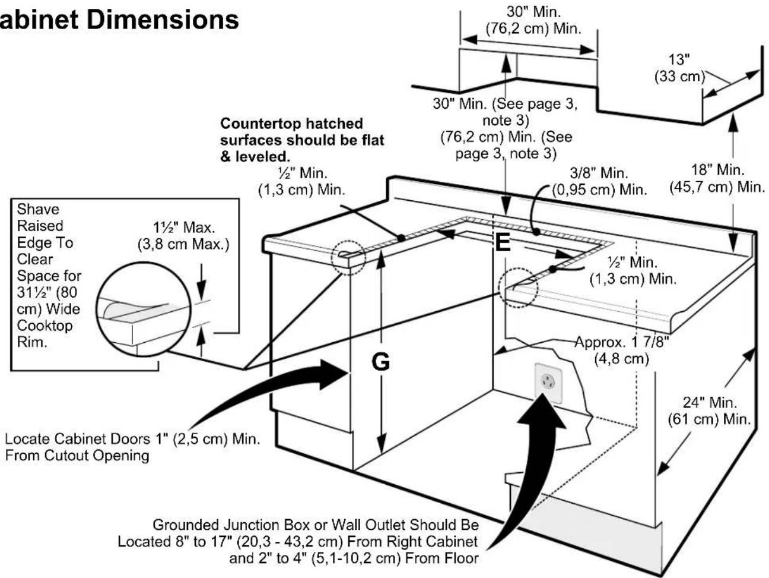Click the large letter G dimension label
pyautogui.click(x=380, y=361)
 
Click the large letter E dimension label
pyautogui.click(x=502, y=242)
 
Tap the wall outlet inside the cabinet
pyautogui.click(x=548, y=384)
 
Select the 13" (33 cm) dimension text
pyautogui.click(x=679, y=68)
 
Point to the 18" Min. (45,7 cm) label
pyautogui.click(x=717, y=178)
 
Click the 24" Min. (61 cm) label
pyautogui.click(x=710, y=410)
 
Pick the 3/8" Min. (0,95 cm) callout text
pyautogui.click(x=599, y=182)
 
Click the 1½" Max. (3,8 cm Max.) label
pyautogui.click(x=183, y=236)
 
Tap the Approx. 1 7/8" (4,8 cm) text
pyautogui.click(x=622, y=350)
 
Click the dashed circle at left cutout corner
pyautogui.click(x=348, y=256)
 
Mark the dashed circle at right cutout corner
pyautogui.click(x=517, y=288)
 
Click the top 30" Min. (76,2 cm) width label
pyautogui.click(x=533, y=20)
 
